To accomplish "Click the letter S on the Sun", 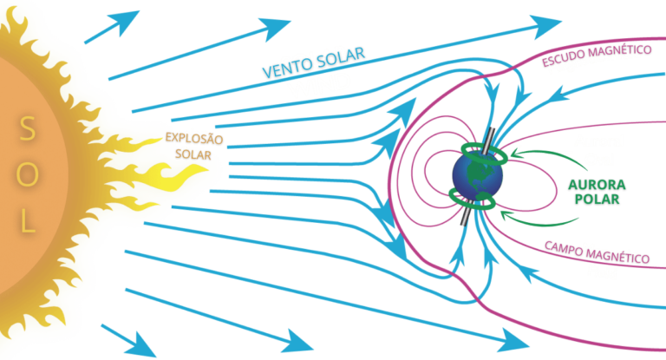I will click(x=28, y=130).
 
